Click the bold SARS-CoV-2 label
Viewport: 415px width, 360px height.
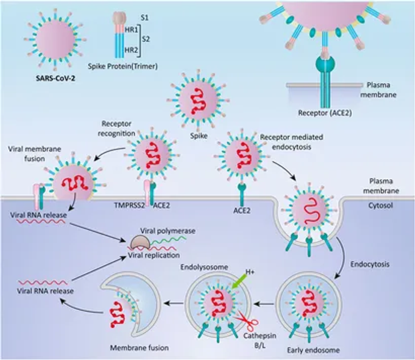coord(55,78)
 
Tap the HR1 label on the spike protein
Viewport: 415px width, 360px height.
coord(131,30)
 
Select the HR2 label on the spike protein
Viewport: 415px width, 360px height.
coord(131,50)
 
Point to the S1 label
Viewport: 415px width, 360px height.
coord(144,18)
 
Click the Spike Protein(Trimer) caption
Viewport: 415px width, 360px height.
coord(123,66)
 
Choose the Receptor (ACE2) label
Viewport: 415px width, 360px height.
coord(325,113)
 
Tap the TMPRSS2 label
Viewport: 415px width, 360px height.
coord(130,205)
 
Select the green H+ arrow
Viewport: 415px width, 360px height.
coord(239,281)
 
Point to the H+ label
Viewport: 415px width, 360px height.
coord(250,271)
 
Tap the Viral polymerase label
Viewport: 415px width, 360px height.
coord(168,231)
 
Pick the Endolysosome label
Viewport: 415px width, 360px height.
coord(204,267)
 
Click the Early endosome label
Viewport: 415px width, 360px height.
coord(313,350)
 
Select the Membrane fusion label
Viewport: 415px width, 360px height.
coord(139,348)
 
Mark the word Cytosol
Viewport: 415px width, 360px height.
coord(380,206)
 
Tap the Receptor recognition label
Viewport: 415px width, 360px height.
coord(117,128)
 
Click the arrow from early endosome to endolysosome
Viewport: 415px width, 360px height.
coord(265,304)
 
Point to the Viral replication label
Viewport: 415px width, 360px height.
coord(154,255)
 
